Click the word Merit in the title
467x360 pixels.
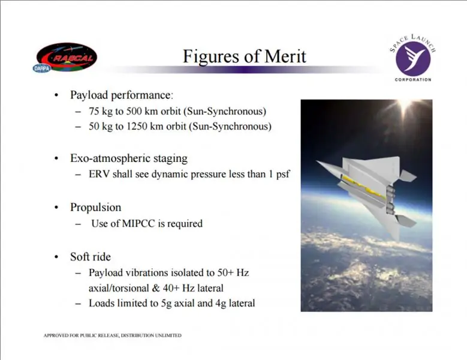tap(285, 56)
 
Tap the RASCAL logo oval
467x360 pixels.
tap(67, 56)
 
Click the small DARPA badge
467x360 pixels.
tap(42, 68)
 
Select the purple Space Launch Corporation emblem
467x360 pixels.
tap(413, 59)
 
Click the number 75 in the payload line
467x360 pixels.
tap(94, 112)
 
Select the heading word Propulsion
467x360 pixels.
tap(95, 208)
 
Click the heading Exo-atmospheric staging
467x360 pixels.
tap(129, 158)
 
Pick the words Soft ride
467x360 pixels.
tap(91, 257)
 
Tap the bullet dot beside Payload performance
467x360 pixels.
tap(56, 95)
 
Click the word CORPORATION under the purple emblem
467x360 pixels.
tap(413, 80)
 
